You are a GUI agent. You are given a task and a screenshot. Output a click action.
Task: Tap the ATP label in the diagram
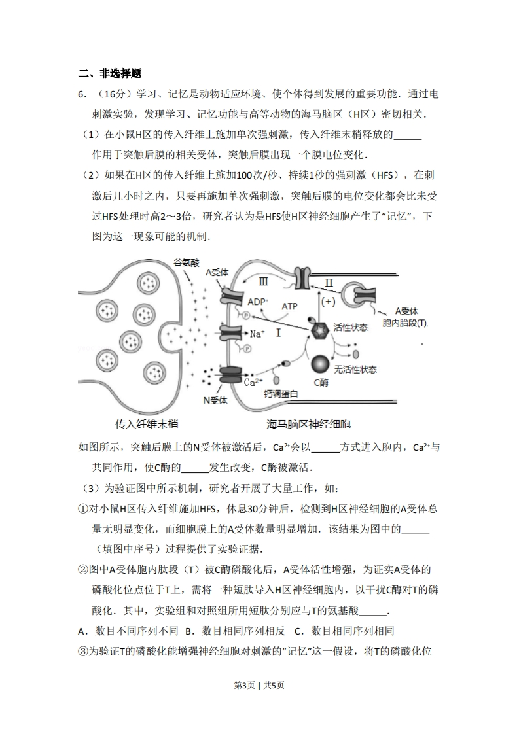click(289, 306)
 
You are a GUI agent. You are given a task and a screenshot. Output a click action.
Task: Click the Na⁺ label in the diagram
click(257, 333)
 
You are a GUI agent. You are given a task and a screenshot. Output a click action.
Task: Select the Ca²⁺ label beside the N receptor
click(253, 382)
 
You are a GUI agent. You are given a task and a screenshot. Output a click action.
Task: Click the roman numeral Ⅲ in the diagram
click(264, 282)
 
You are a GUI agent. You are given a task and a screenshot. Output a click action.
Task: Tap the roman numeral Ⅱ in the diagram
click(329, 283)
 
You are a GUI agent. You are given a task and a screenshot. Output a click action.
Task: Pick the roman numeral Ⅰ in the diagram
click(277, 333)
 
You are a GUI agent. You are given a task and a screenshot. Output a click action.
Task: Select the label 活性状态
click(350, 327)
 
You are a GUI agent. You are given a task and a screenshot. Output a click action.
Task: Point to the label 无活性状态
click(355, 369)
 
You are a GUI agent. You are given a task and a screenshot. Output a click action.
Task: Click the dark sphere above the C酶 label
click(320, 364)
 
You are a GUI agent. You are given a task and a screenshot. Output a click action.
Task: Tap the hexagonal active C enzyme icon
click(321, 330)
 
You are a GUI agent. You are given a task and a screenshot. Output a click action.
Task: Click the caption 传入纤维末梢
click(147, 424)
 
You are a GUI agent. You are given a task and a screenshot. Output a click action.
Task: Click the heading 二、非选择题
click(110, 73)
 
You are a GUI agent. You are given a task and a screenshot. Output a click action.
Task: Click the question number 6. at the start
click(82, 94)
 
